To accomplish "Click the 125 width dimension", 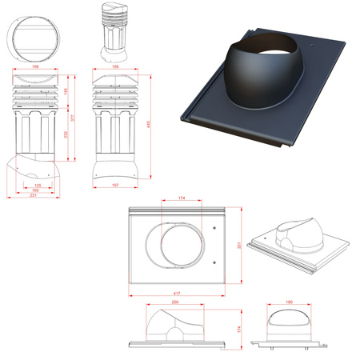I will coord(38,186).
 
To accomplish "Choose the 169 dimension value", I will coord(37,190).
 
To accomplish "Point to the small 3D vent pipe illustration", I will coord(114,32).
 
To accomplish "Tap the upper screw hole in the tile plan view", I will coord(215,232).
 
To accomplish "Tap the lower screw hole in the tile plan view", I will coord(216,262).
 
